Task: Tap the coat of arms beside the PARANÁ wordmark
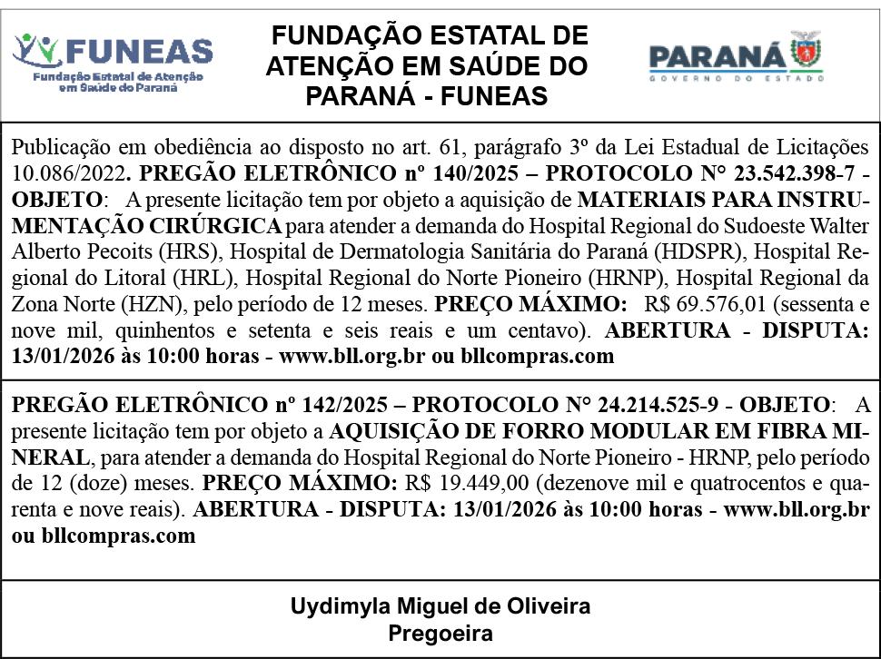(806, 53)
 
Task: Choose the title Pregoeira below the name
(440, 633)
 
